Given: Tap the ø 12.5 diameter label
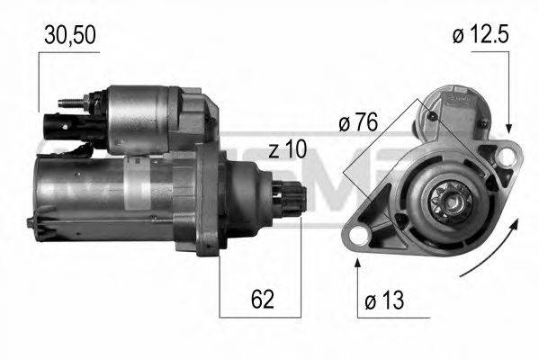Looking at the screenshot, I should tap(481, 35).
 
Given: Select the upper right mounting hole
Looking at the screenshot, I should tap(508, 158).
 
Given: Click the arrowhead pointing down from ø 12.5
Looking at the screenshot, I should tap(508, 131).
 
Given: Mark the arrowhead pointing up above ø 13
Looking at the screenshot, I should tap(358, 261).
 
